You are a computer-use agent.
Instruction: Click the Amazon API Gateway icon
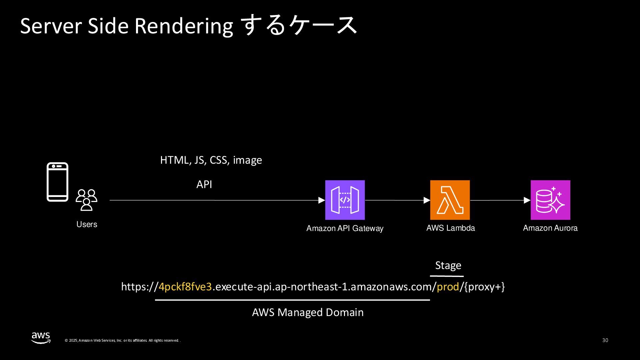345,200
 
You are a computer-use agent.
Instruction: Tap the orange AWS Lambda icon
450,200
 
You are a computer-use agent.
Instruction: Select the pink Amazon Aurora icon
550,200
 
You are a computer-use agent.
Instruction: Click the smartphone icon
57,182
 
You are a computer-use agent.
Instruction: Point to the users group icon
86,200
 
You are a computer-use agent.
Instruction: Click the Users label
87,224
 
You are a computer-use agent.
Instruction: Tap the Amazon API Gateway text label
345,228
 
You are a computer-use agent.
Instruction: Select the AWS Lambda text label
450,228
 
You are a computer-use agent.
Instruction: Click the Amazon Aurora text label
550,228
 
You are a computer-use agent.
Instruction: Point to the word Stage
448,265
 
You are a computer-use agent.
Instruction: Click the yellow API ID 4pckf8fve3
185,287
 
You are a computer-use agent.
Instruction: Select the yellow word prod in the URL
448,287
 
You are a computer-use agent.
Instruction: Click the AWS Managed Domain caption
308,312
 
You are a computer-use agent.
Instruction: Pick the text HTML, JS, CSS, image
211,160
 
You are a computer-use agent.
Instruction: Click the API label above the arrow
204,184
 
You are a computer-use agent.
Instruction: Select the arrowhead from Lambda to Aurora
527,200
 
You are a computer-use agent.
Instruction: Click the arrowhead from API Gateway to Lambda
427,200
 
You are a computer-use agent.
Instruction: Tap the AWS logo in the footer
41,337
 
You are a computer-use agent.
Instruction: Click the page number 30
605,340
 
